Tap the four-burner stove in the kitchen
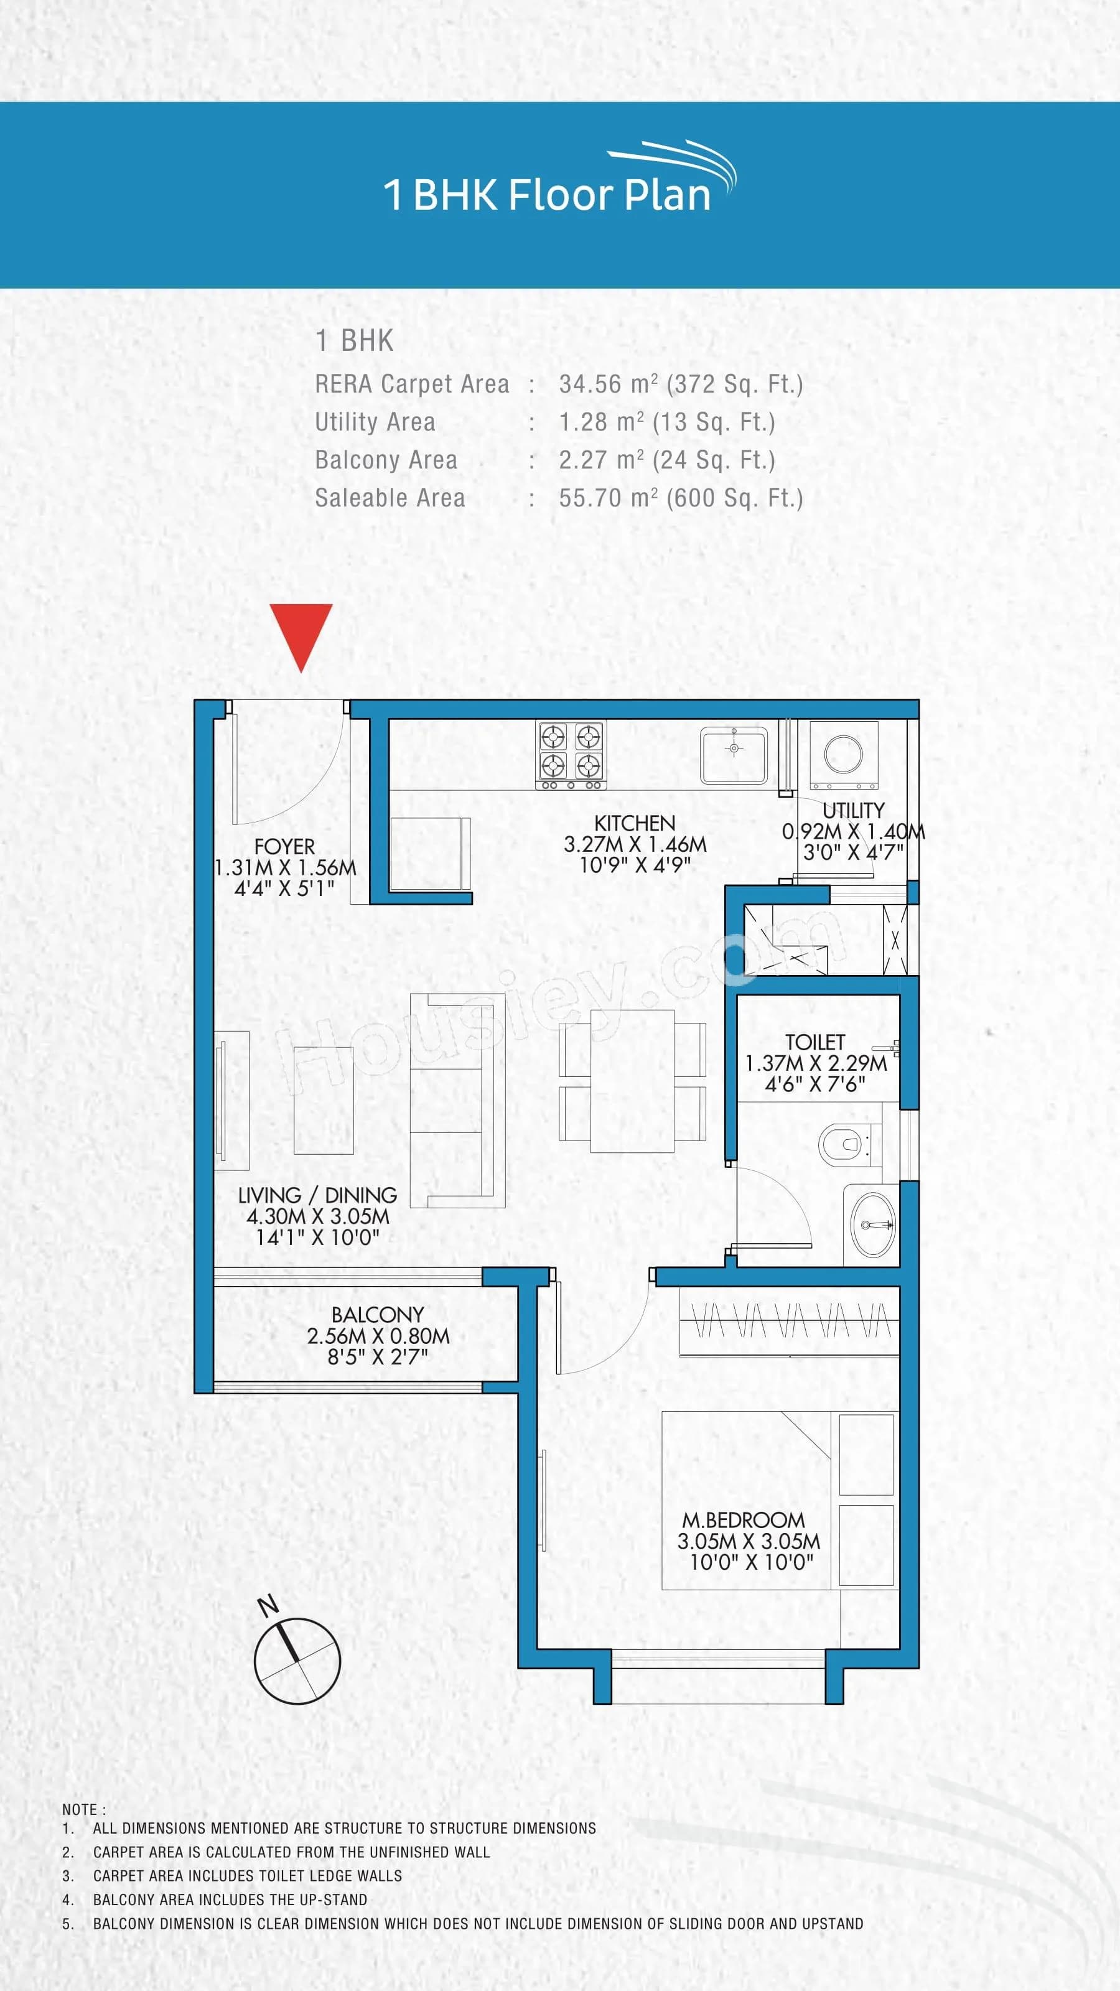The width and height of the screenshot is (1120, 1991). click(571, 753)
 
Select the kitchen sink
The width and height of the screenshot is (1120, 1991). click(734, 753)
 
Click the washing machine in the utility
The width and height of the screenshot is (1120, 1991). click(843, 754)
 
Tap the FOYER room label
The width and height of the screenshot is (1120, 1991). click(284, 846)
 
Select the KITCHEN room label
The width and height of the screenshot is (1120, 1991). click(635, 823)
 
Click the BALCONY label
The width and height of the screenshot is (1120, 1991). click(377, 1315)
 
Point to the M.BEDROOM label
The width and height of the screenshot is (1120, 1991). click(743, 1519)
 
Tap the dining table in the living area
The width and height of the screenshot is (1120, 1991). click(632, 1081)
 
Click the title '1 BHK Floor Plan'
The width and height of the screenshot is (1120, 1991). click(546, 194)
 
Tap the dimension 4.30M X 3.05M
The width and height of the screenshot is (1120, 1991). click(318, 1216)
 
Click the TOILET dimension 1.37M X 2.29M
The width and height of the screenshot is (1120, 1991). click(816, 1063)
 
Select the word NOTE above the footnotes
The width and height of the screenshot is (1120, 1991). click(80, 1810)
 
